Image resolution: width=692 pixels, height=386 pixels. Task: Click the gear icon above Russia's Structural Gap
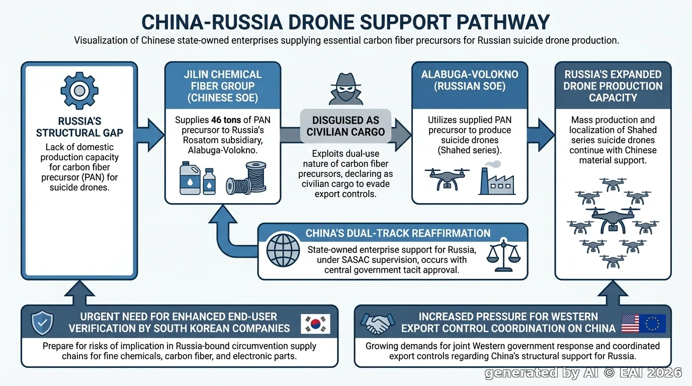pyautogui.click(x=79, y=91)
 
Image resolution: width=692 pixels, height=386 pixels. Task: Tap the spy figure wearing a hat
pyautogui.click(x=345, y=89)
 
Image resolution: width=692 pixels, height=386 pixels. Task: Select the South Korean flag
pyautogui.click(x=315, y=324)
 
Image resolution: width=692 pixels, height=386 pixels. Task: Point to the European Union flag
pyautogui.click(x=652, y=323)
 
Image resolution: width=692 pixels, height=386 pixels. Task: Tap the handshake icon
pyautogui.click(x=378, y=324)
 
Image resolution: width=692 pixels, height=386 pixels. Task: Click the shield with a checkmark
pyautogui.click(x=42, y=323)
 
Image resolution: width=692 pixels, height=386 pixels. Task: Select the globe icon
pyautogui.click(x=283, y=250)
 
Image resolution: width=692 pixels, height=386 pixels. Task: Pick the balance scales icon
pyautogui.click(x=503, y=255)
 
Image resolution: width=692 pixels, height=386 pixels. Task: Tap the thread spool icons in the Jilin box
pyautogui.click(x=246, y=178)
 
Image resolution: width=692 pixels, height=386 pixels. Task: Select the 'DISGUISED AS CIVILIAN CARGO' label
pyautogui.click(x=345, y=126)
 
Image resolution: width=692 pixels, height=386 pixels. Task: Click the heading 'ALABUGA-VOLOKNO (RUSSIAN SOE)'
pyautogui.click(x=470, y=80)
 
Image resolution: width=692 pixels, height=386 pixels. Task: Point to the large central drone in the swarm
pyautogui.click(x=613, y=220)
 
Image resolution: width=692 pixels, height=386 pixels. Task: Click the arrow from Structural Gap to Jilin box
pyautogui.click(x=150, y=135)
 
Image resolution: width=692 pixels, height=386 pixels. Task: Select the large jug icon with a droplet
pyautogui.click(x=190, y=178)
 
